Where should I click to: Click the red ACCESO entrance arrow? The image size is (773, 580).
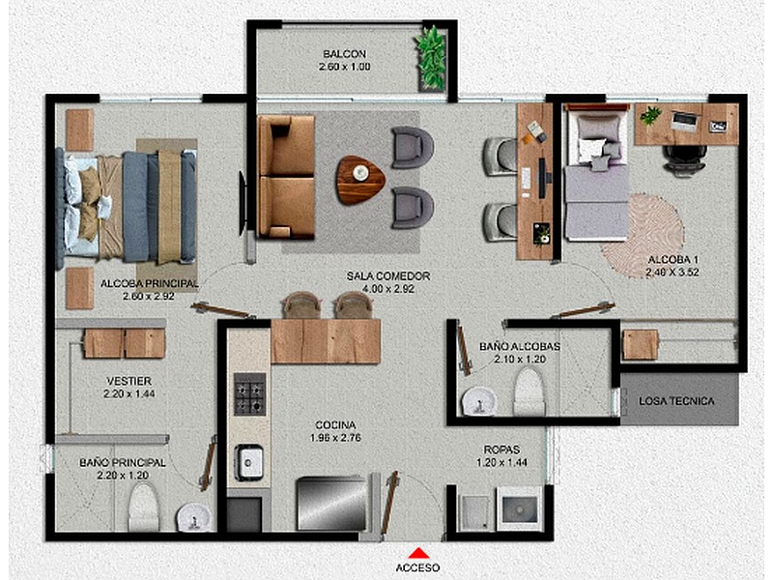pos(418,553)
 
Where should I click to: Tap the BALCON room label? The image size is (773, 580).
pos(345,54)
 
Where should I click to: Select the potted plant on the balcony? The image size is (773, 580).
pos(431,59)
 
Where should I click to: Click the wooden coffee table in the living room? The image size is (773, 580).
pos(360,180)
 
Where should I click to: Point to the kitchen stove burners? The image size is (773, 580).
pos(249,394)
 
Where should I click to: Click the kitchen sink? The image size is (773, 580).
pos(249,462)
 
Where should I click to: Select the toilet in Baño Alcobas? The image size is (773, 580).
pos(529,391)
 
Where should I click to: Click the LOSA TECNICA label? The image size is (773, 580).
pos(676,401)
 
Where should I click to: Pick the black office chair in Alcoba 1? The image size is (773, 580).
pos(684,159)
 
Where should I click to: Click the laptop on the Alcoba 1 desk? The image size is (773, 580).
pos(684,120)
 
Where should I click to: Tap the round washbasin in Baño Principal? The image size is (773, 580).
pos(194,517)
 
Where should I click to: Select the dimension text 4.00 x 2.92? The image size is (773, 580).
pos(388,289)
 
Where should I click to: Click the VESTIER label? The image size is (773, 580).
pos(129,381)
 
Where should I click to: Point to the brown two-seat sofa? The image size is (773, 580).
pos(286,177)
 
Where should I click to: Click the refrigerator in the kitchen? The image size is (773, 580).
pos(331,503)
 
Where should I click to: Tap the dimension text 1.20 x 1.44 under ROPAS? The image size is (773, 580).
pos(501,462)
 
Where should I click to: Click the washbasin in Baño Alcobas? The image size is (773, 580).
pos(478,401)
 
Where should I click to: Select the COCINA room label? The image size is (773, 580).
pos(335,424)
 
